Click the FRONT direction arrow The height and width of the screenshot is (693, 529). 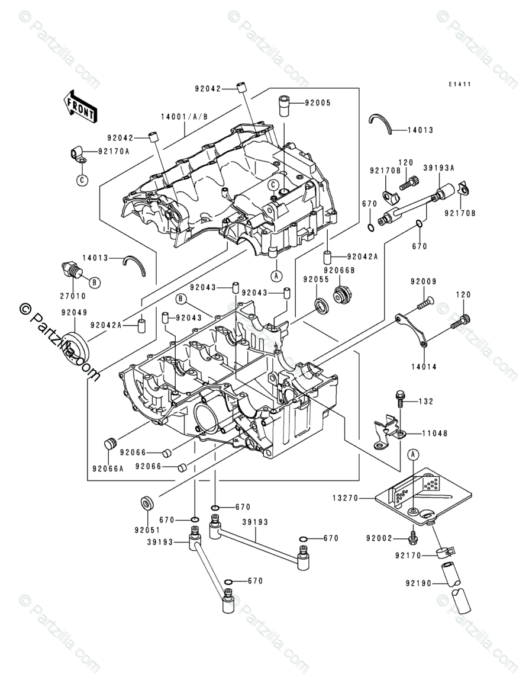pos(80,106)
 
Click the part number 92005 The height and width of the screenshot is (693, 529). pos(318,103)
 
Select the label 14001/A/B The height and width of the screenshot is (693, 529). pos(184,117)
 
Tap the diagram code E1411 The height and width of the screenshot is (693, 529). pos(459,84)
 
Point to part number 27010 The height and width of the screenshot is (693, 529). pos(73,296)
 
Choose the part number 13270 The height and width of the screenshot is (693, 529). pos(346,498)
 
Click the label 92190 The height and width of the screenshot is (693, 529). pos(419,583)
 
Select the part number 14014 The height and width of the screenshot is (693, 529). pos(423,367)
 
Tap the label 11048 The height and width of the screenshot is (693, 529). pos(434,434)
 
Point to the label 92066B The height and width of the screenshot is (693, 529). pos(339,269)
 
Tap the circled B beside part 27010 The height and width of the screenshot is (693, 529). pos(95,281)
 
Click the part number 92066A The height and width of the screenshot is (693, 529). pos(108,468)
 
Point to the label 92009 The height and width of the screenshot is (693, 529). pos(423,281)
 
